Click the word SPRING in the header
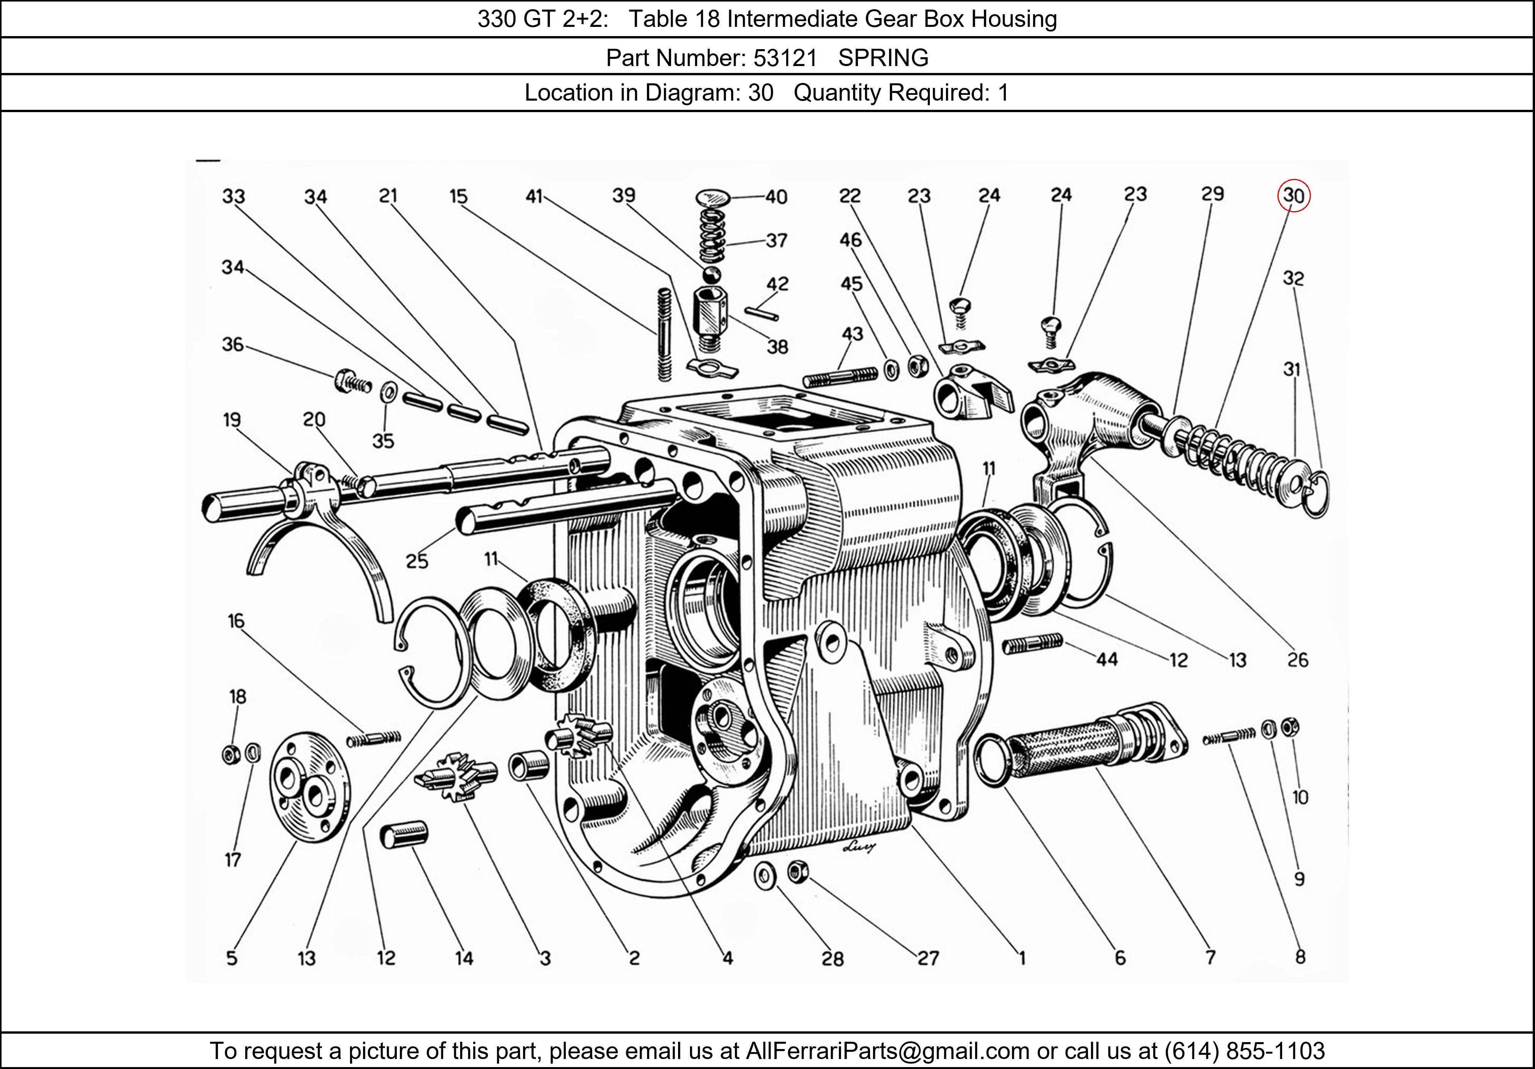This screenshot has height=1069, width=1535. point(883,58)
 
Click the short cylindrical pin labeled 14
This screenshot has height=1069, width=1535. point(404,836)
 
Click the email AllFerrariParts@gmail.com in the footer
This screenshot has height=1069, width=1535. point(887,1051)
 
